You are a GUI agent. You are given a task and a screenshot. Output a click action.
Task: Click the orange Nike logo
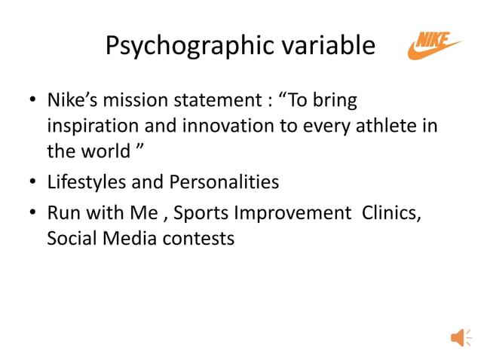click(x=434, y=45)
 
